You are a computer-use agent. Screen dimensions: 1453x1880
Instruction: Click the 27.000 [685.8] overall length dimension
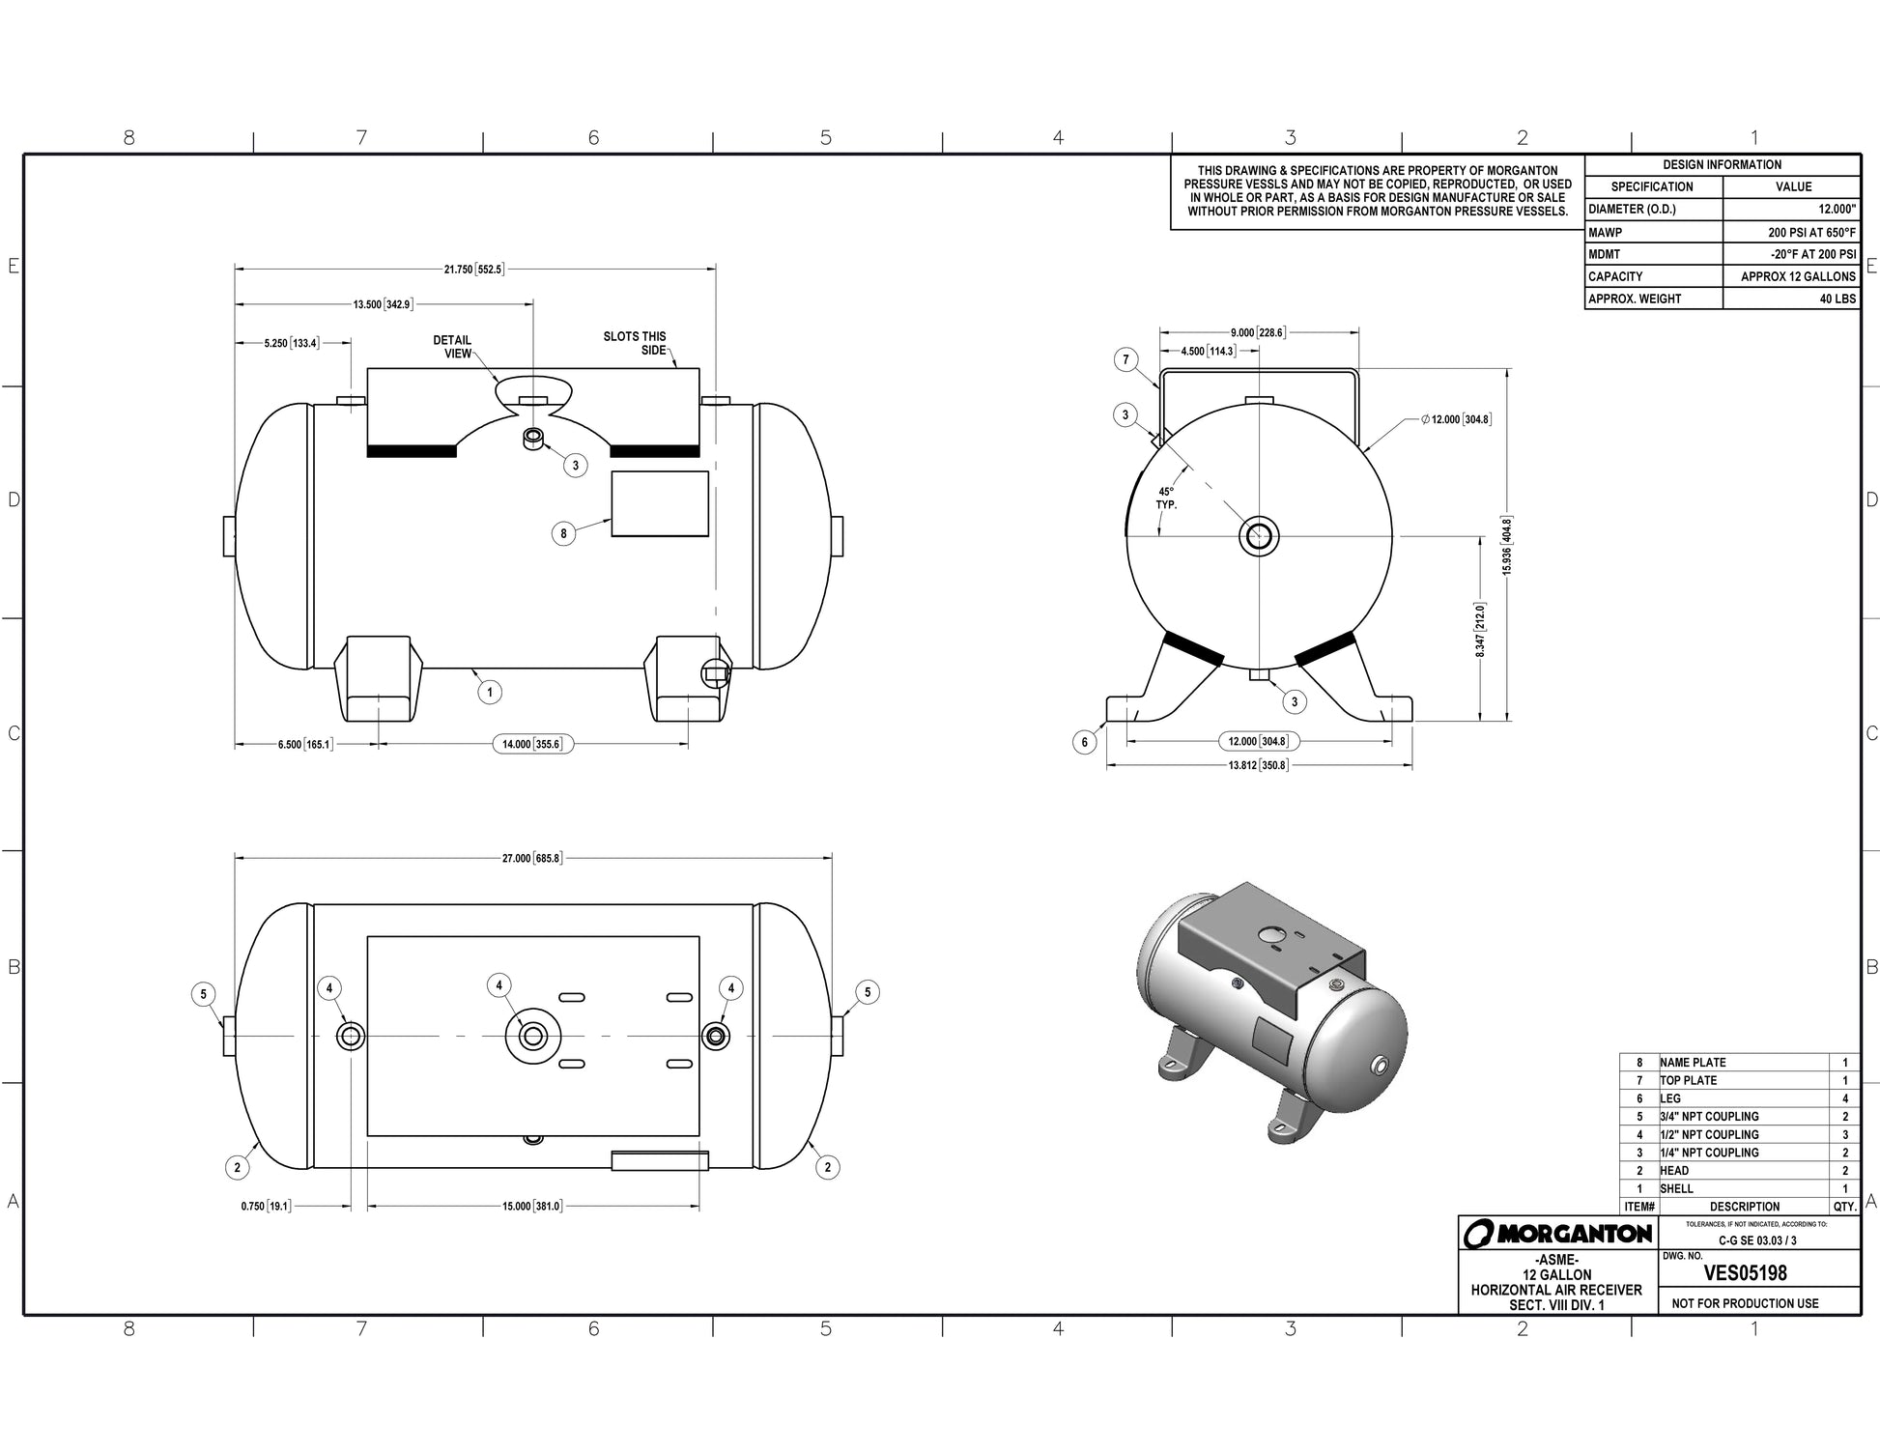[x=531, y=858]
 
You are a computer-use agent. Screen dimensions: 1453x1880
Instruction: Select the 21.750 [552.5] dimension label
[x=473, y=270]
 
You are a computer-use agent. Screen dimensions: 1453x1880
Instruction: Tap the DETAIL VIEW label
[x=452, y=347]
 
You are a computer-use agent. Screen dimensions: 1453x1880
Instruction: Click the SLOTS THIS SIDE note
[x=635, y=343]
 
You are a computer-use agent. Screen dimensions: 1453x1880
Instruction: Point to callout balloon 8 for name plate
[x=563, y=533]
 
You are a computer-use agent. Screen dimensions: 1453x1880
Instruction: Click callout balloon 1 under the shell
[x=490, y=692]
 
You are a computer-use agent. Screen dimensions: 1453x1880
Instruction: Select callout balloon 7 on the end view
[x=1125, y=360]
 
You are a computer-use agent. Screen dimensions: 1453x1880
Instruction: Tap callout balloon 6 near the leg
[x=1085, y=742]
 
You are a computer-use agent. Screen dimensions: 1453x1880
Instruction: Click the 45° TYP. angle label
[x=1166, y=499]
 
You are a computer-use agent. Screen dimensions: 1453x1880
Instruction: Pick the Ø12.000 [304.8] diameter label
[x=1456, y=419]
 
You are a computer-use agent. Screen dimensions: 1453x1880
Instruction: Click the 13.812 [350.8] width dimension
[x=1258, y=765]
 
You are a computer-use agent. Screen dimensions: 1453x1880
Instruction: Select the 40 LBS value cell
[x=1837, y=299]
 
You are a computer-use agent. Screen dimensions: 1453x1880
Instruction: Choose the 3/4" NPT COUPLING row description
[x=1709, y=1117]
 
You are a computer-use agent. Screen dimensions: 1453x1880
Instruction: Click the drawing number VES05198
[x=1745, y=1273]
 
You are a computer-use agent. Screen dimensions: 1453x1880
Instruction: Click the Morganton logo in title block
[x=1557, y=1234]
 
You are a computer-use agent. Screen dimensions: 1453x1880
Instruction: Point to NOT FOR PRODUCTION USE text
[x=1745, y=1303]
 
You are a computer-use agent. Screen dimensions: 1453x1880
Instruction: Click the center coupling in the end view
[x=1260, y=535]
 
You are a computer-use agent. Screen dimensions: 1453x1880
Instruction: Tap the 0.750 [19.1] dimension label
[x=266, y=1207]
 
